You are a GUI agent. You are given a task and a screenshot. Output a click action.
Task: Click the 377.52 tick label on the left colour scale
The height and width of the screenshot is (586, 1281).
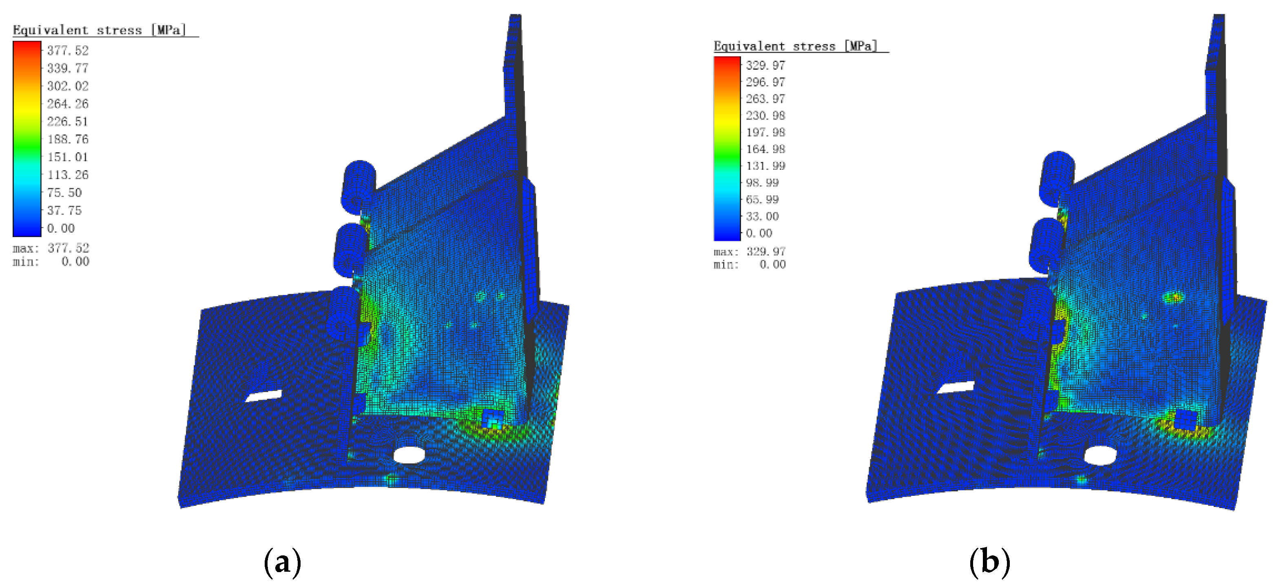[68, 50]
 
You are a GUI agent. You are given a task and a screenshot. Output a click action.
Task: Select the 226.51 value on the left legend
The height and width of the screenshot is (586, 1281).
[68, 121]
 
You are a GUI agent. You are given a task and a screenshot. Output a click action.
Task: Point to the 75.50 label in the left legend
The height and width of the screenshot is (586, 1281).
[64, 193]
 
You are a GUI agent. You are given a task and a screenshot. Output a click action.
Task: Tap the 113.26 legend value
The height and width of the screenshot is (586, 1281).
[68, 175]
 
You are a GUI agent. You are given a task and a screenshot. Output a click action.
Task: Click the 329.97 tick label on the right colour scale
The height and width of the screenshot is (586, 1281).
[766, 65]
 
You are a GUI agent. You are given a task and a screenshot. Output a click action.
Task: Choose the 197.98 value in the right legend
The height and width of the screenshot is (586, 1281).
[766, 132]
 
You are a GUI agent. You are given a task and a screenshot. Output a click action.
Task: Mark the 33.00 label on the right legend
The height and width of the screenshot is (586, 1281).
[762, 216]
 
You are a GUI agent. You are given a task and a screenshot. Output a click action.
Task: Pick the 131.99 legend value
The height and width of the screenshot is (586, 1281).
[766, 166]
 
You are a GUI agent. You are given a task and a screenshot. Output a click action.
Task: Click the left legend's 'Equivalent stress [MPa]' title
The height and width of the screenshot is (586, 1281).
[100, 30]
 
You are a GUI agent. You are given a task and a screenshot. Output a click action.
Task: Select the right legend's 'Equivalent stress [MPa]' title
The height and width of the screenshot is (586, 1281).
[796, 46]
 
